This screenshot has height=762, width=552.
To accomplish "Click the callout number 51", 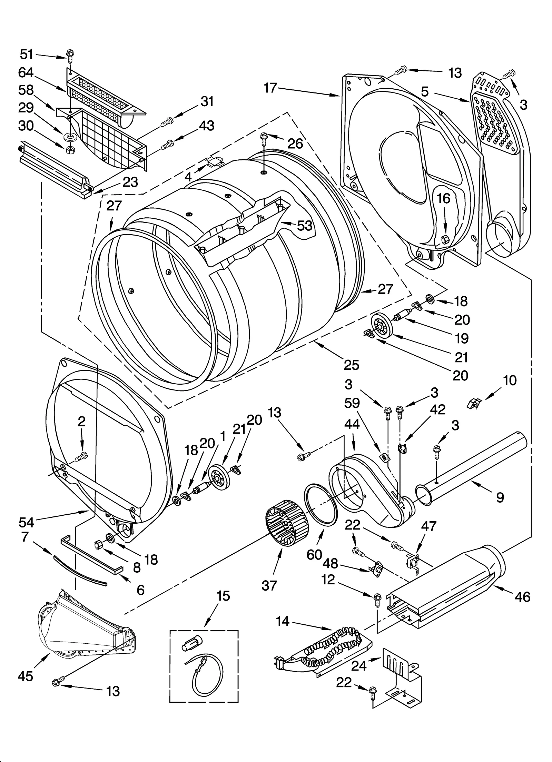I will coord(27,54).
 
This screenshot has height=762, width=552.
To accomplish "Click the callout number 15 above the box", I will coord(223,596).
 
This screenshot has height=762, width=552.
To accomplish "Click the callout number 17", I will coord(270,88).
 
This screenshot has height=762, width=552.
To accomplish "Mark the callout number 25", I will coord(351,365).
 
